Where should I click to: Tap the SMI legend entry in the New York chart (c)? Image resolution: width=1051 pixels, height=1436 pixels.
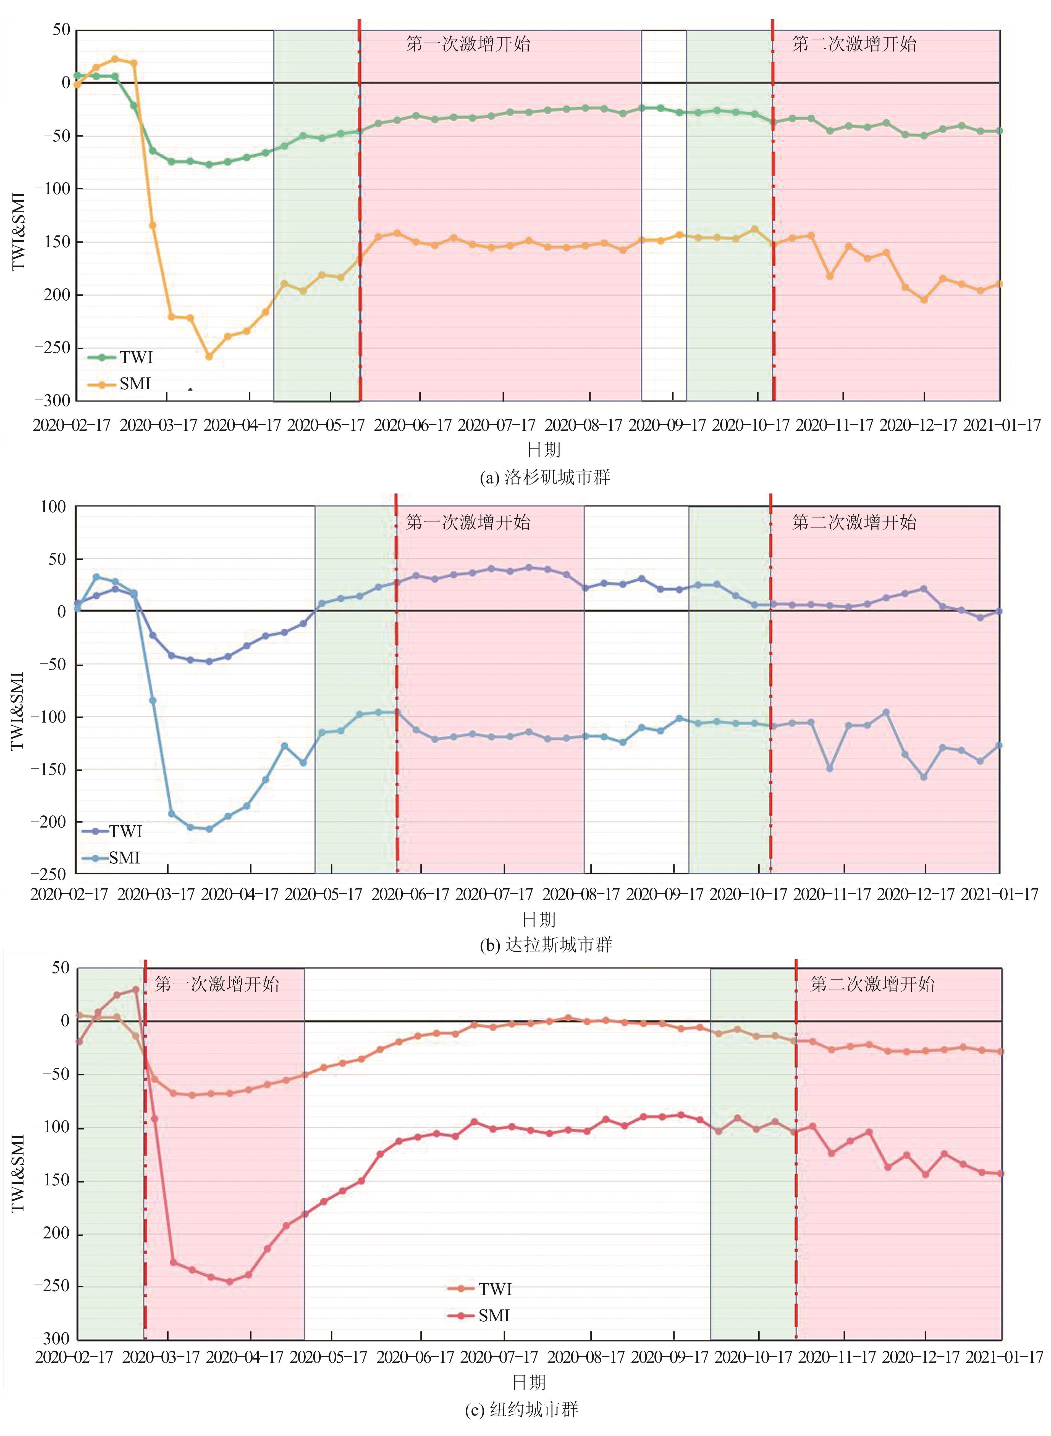(x=494, y=1315)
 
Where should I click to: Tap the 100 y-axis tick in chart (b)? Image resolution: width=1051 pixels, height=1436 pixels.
(x=53, y=507)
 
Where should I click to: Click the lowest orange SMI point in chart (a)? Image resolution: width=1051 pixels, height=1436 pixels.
(x=209, y=357)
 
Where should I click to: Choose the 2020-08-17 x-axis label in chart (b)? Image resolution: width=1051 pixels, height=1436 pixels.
(x=580, y=894)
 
